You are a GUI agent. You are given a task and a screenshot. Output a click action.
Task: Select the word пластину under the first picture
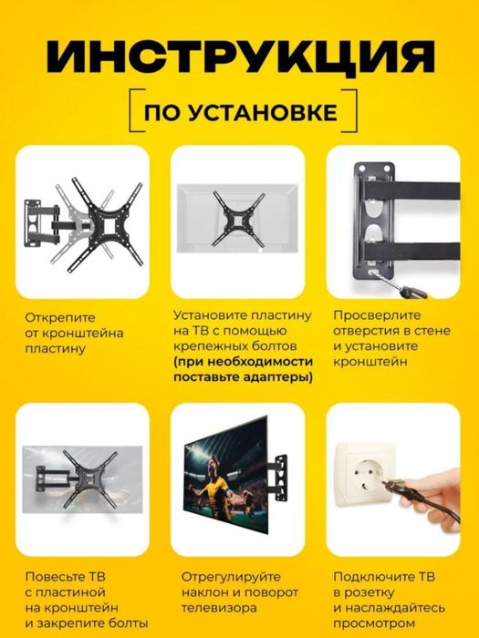coord(52,347)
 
